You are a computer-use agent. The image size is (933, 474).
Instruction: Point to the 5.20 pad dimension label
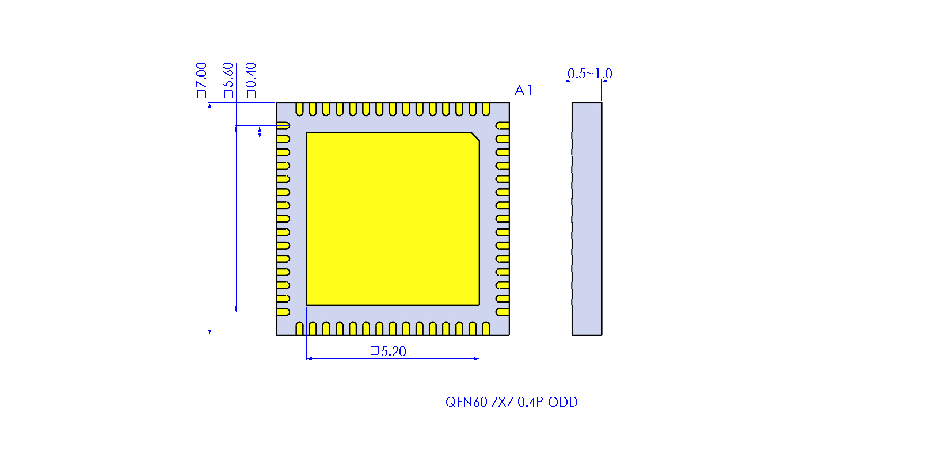tap(389, 351)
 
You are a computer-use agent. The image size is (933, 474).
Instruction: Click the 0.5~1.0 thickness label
tap(589, 74)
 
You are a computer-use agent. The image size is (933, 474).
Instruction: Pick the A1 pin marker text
tap(523, 90)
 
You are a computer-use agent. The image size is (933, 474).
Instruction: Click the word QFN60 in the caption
tap(466, 402)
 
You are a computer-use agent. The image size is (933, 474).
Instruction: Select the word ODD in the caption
tap(562, 402)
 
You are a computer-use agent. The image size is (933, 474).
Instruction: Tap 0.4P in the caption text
tap(530, 402)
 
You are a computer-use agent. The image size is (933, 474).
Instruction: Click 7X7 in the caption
tap(502, 402)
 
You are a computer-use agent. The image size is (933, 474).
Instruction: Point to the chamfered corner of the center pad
tap(475, 136)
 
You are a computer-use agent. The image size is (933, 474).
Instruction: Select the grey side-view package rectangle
tap(587, 219)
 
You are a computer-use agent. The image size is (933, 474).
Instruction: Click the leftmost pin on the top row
tap(299, 109)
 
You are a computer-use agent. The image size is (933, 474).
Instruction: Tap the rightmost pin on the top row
tap(486, 109)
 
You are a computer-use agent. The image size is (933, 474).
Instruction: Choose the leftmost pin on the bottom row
tap(299, 328)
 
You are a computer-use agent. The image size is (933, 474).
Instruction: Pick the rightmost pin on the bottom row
tap(486, 328)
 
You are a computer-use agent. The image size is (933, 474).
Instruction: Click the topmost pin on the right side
tap(502, 125)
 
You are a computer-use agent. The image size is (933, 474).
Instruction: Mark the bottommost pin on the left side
tap(283, 312)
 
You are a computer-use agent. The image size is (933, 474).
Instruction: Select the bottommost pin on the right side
tap(502, 312)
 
